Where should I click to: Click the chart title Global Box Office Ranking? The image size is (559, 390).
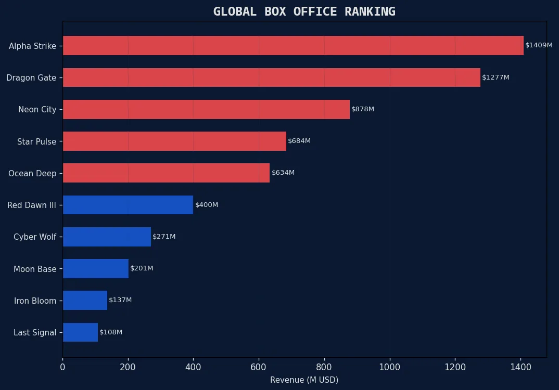[x=304, y=11]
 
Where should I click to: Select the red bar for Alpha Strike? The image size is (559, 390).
[x=293, y=46]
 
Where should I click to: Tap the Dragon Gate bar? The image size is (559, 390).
[x=271, y=77]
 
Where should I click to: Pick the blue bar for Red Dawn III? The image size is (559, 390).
[x=128, y=205]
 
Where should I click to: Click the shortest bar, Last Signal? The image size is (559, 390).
[x=80, y=332]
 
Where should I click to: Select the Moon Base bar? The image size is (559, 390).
[x=96, y=268]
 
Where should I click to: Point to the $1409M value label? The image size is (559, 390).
[x=539, y=45]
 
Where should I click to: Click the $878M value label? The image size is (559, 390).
[x=363, y=109]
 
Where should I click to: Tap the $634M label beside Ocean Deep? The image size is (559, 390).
[x=283, y=173]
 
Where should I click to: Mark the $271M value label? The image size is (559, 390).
[x=164, y=237]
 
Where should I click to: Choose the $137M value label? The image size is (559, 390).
[x=120, y=300]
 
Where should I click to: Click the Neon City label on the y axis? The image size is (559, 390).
[x=37, y=110]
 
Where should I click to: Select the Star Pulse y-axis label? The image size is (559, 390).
[x=36, y=141]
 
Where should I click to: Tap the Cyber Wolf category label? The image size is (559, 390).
[x=35, y=237]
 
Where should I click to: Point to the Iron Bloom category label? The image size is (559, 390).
[x=35, y=301]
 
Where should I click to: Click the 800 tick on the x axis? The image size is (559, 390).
[x=324, y=367]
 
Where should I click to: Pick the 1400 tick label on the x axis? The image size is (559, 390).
[x=520, y=367]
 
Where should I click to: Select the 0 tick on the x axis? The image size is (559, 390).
[x=63, y=367]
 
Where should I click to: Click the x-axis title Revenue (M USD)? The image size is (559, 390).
[x=304, y=380]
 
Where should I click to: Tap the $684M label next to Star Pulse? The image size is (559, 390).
[x=299, y=141]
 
